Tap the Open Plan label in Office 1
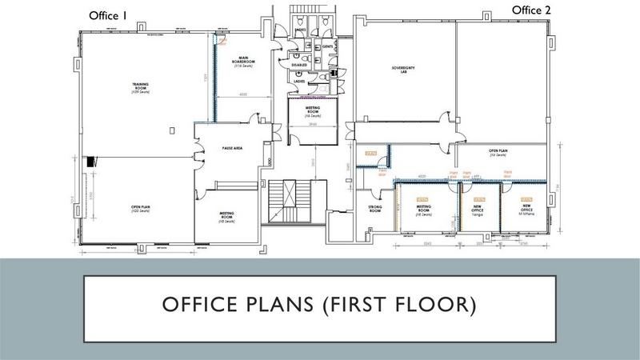[142, 209]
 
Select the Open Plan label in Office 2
[500, 151]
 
